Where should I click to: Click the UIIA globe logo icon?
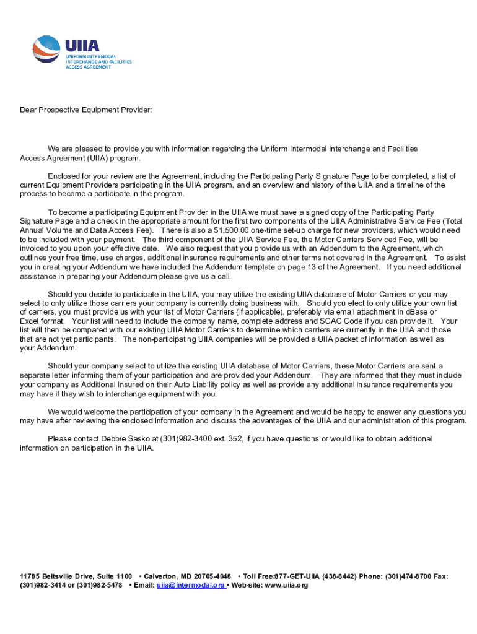pos(47,51)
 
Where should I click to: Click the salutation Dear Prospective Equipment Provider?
pos(85,110)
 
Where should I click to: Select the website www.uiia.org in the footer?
pos(286,585)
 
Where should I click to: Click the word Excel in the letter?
pos(30,321)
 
